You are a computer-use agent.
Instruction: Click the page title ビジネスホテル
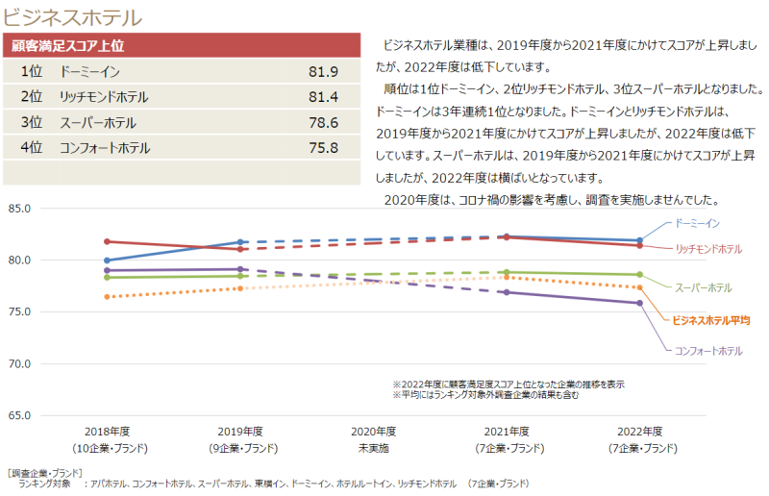pyautogui.click(x=73, y=16)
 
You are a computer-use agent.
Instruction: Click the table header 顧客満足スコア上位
pyautogui.click(x=67, y=45)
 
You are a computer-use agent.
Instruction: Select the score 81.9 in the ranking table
pyautogui.click(x=324, y=72)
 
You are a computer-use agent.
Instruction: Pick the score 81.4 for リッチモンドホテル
pyautogui.click(x=324, y=97)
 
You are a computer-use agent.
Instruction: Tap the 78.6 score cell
pyautogui.click(x=324, y=122)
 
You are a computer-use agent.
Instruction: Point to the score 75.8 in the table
pyautogui.click(x=324, y=148)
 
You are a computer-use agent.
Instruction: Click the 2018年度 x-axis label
pyautogui.click(x=107, y=432)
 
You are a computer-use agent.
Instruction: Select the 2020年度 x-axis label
pyautogui.click(x=373, y=432)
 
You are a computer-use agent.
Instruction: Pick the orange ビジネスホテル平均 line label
pyautogui.click(x=710, y=319)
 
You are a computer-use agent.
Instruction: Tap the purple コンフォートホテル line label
pyautogui.click(x=708, y=351)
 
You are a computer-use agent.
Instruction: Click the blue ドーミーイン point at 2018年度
pyautogui.click(x=107, y=260)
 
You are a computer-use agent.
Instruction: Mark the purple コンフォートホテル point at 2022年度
pyautogui.click(x=640, y=303)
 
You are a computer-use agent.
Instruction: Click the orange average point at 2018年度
pyautogui.click(x=107, y=297)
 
